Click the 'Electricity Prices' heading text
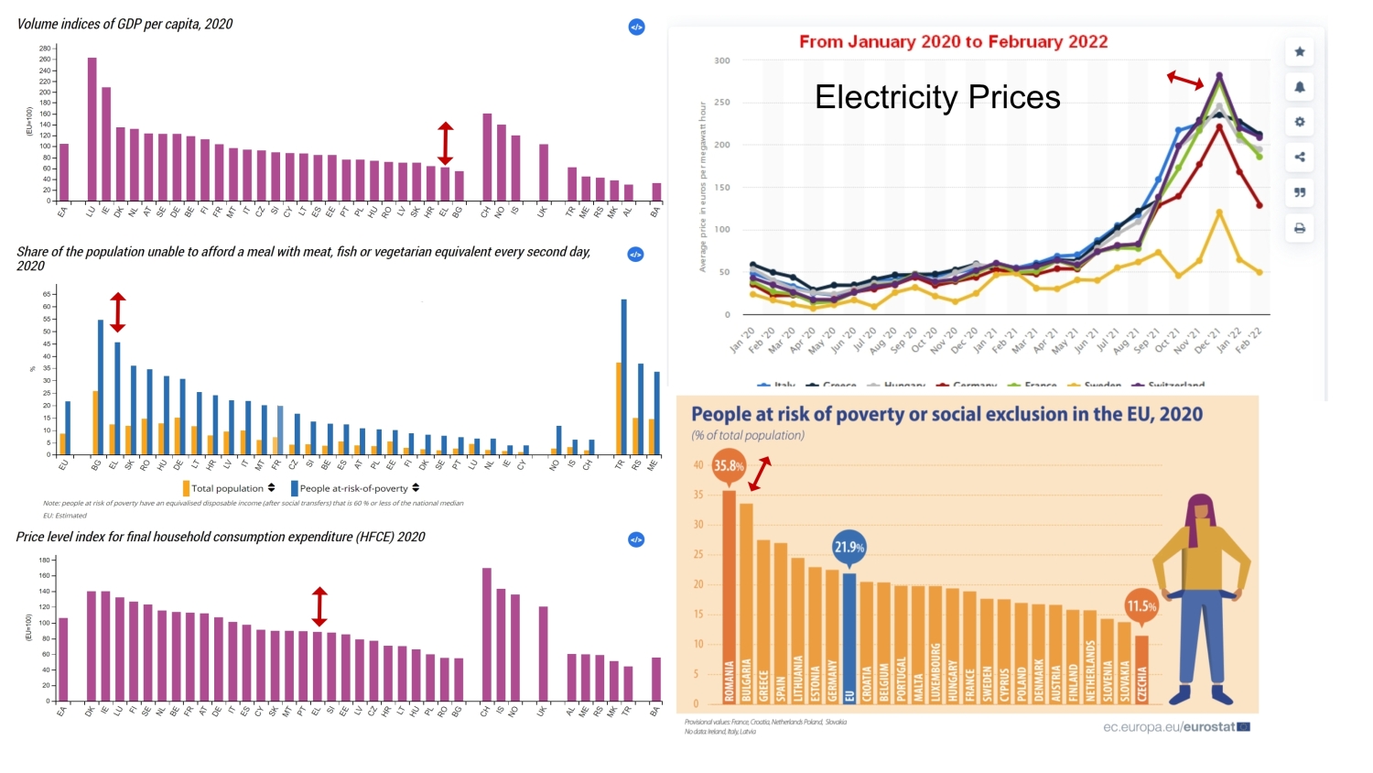(x=937, y=97)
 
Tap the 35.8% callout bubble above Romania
(x=729, y=465)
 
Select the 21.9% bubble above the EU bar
(x=849, y=547)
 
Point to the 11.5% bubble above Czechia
(x=1141, y=605)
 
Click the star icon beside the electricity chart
(x=1300, y=52)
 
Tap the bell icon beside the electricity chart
(x=1300, y=87)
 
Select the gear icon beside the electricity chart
(x=1300, y=122)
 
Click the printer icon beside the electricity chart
(x=1300, y=228)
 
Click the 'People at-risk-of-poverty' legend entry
(x=353, y=488)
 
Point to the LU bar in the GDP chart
(x=92, y=129)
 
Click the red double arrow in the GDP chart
(x=445, y=143)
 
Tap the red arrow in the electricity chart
(x=1185, y=81)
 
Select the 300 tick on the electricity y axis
(x=722, y=61)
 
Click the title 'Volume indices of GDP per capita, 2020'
(x=124, y=25)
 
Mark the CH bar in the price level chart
(x=487, y=635)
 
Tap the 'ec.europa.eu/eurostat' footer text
(x=1169, y=727)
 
